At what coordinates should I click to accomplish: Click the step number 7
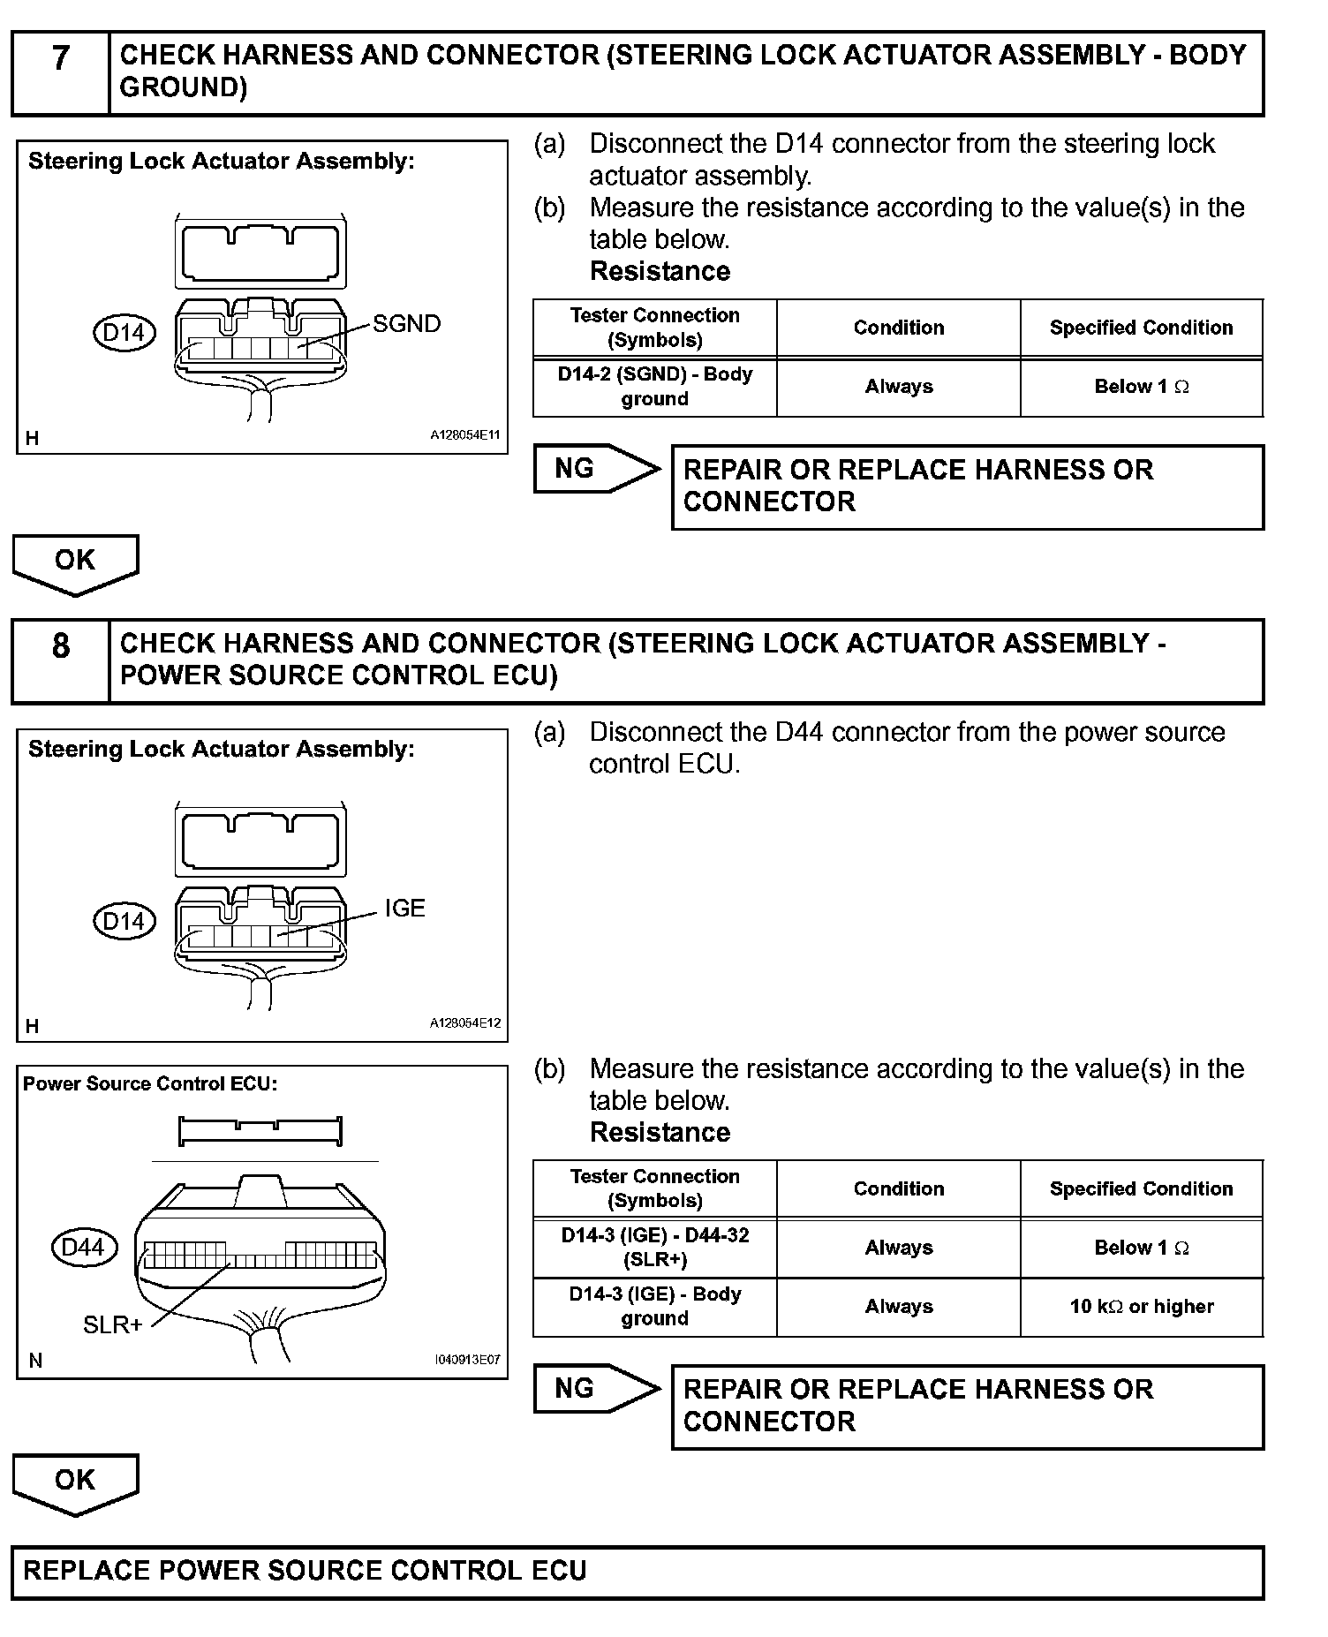coord(60,59)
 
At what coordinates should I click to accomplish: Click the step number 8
coord(60,646)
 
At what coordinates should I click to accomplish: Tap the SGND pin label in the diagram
coord(406,324)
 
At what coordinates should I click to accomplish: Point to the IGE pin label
coord(404,909)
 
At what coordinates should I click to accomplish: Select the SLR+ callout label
coord(113,1324)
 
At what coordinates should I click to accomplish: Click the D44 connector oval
coord(84,1248)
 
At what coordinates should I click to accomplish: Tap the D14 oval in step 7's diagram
coord(124,333)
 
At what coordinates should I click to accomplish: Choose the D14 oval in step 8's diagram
coord(124,922)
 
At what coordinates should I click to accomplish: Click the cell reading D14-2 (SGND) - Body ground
coord(654,387)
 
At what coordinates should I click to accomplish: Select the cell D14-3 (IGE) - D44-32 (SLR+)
coord(654,1248)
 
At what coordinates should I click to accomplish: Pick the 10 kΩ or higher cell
coord(1141,1307)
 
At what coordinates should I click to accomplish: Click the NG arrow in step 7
coord(595,469)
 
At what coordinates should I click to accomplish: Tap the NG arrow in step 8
coord(595,1389)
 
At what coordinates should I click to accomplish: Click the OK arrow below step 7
coord(75,562)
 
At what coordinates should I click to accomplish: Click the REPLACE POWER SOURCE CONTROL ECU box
coord(637,1572)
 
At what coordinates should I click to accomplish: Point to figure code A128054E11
coord(465,435)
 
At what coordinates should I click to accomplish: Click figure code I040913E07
coord(467,1360)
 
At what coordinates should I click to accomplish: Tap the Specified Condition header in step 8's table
coord(1141,1189)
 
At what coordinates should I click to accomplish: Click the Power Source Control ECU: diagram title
coord(150,1084)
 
